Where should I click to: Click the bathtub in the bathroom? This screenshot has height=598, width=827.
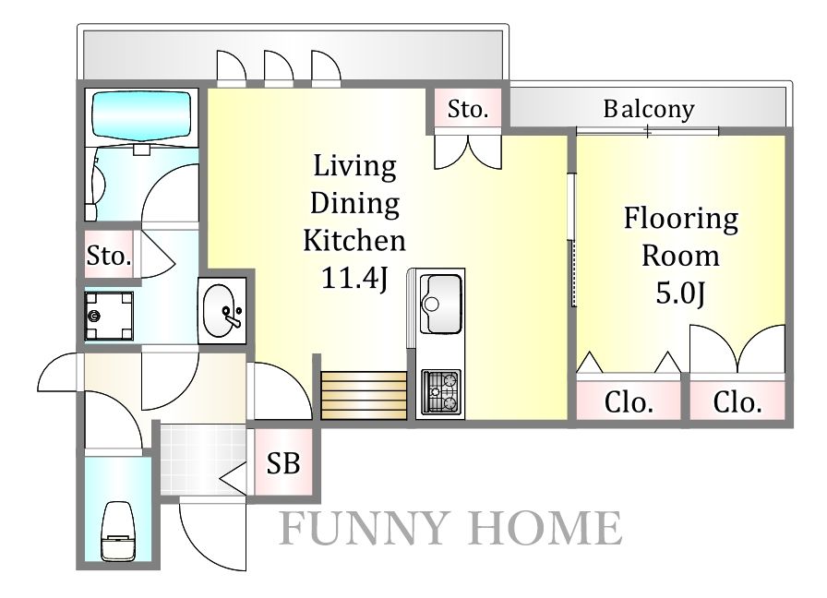[141, 115]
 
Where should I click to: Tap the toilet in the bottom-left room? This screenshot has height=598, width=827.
[117, 531]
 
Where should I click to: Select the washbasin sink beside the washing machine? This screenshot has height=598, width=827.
[222, 311]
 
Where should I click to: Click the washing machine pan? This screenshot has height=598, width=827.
[109, 316]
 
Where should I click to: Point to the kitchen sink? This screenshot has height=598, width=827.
[441, 304]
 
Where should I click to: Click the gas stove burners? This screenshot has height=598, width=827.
[441, 391]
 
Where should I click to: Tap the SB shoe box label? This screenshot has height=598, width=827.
[283, 463]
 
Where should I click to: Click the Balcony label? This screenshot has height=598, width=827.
[649, 110]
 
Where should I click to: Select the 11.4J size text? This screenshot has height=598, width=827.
[355, 278]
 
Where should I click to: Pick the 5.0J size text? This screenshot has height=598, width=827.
[680, 293]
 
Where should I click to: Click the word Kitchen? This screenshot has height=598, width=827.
[354, 241]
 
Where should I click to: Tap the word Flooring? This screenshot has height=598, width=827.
[681, 220]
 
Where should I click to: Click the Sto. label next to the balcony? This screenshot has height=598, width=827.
[468, 109]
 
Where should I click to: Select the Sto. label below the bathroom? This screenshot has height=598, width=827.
[109, 256]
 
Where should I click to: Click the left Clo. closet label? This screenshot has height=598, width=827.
[629, 403]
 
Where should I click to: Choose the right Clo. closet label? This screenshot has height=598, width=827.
[737, 403]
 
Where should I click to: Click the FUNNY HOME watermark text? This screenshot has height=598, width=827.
[449, 528]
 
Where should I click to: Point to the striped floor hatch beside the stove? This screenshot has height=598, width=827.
[364, 396]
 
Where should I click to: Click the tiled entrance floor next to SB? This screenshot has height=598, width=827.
[203, 460]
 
